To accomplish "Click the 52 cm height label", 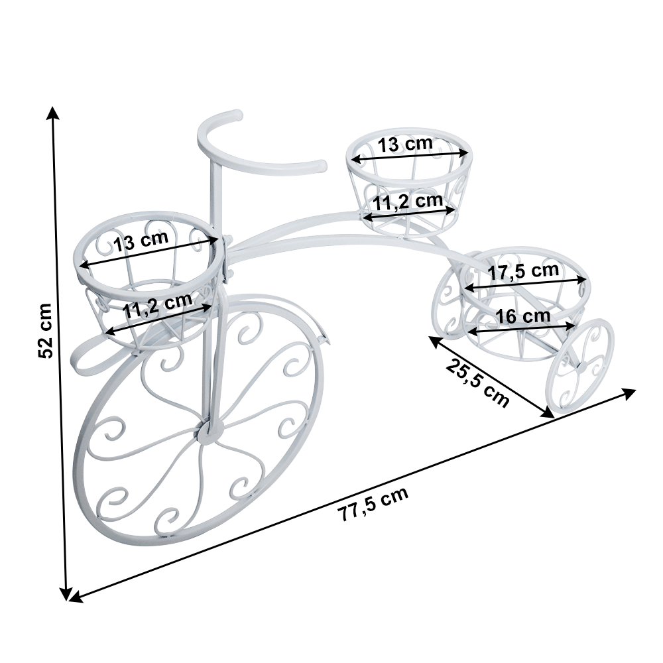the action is coord(45,331).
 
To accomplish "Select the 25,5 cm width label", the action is coord(477,383).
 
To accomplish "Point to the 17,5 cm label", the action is coord(524,271).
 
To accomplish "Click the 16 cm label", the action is coord(523,316).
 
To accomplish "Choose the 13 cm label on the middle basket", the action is coord(405,144).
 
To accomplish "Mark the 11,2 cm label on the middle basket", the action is coord(408,202).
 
